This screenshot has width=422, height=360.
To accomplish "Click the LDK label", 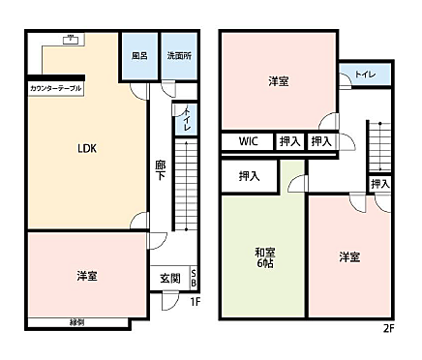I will [x=87, y=149].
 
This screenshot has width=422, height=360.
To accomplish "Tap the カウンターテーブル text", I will [x=56, y=88].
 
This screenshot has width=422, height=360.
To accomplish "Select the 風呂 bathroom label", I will [x=139, y=55].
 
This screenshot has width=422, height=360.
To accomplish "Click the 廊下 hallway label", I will [x=161, y=171].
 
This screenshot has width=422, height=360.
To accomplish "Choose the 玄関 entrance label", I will [x=169, y=278].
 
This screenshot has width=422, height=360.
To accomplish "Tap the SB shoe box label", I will [x=194, y=277].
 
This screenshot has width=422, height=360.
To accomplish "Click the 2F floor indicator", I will [x=388, y=328].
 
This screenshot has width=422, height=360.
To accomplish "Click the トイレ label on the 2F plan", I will [x=365, y=75].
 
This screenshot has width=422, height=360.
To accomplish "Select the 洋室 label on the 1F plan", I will [x=87, y=277].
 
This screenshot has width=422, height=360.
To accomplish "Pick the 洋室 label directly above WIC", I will [x=279, y=81].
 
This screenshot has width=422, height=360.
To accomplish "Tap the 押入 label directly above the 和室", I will [x=249, y=176].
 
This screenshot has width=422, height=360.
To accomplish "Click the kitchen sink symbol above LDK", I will [x=70, y=40].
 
